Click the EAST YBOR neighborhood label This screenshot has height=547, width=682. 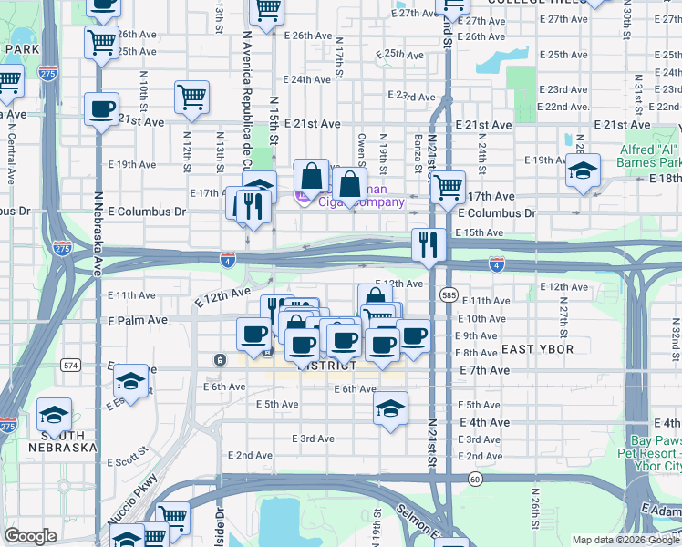tap(536, 349)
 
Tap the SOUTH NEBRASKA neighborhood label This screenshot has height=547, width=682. tap(63, 441)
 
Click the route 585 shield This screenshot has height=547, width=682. tap(448, 295)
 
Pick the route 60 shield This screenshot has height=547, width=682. tap(475, 479)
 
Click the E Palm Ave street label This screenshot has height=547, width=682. tap(138, 321)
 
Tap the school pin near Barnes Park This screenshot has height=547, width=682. tap(583, 170)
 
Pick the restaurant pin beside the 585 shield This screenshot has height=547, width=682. tap(428, 243)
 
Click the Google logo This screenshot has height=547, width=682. tap(31, 536)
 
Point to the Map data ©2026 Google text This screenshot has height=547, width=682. tap(625, 540)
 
